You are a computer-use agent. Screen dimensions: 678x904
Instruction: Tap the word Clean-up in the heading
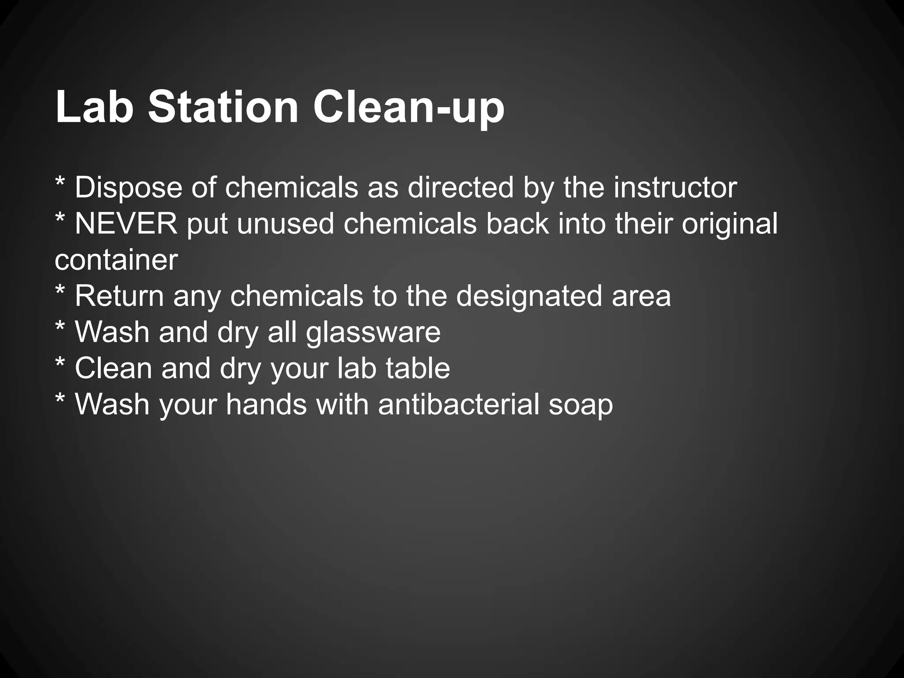pyautogui.click(x=409, y=108)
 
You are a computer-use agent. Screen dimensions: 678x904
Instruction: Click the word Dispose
pyautogui.click(x=128, y=188)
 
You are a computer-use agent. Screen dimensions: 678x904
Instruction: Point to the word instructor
pyautogui.click(x=675, y=187)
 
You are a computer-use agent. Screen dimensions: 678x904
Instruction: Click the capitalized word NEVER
pyautogui.click(x=126, y=224)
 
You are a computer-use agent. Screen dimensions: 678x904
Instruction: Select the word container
pyautogui.click(x=116, y=260)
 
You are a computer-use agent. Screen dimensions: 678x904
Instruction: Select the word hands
pyautogui.click(x=266, y=404)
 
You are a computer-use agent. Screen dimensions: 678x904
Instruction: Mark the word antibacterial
pyautogui.click(x=459, y=404)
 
